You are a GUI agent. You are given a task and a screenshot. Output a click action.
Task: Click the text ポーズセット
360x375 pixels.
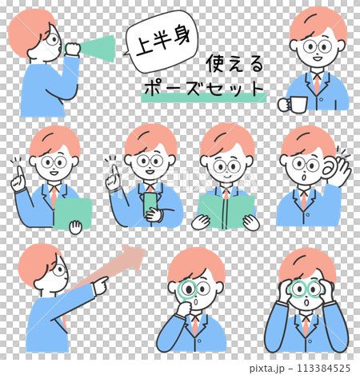click(x=203, y=89)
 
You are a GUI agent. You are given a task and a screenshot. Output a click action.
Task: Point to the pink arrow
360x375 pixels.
click(x=120, y=264)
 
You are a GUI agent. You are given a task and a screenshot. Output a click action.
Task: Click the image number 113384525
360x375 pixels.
click(x=321, y=368)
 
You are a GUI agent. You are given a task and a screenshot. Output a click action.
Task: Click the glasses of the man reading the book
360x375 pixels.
click(x=227, y=167)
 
